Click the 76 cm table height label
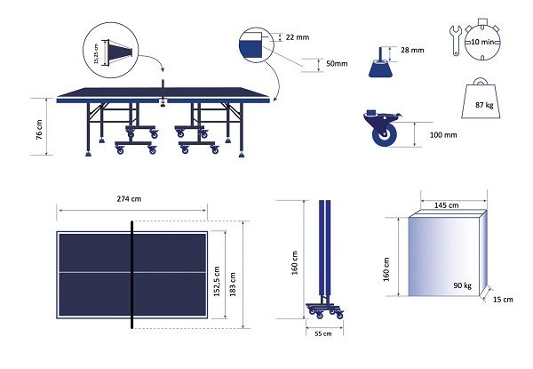(39, 130)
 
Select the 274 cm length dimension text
(129, 199)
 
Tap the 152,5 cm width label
(217, 282)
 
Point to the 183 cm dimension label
(233, 285)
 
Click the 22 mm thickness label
(298, 37)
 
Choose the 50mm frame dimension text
(337, 64)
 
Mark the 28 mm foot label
(412, 50)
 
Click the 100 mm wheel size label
(443, 135)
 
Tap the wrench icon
(455, 40)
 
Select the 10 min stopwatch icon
(482, 40)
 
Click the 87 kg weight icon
(481, 99)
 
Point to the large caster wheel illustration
(383, 129)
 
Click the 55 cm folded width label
(323, 333)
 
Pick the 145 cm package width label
(446, 205)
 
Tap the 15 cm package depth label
(503, 300)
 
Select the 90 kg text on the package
(462, 285)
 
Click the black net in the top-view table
(131, 275)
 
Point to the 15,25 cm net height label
(96, 53)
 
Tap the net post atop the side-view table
(163, 84)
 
